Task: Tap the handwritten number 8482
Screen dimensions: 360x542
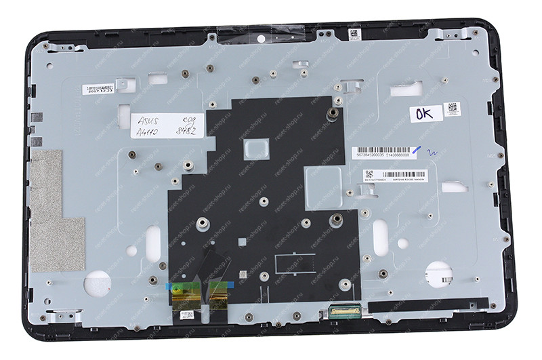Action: click(x=184, y=127)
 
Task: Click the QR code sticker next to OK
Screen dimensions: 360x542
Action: click(x=452, y=109)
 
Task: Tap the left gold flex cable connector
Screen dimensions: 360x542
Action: click(x=186, y=292)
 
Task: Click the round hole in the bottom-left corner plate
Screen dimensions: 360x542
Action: click(x=96, y=283)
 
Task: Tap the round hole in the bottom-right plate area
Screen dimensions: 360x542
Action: click(x=437, y=273)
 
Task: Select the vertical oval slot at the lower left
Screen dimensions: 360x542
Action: click(x=153, y=241)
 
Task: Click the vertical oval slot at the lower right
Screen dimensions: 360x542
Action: click(x=381, y=237)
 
